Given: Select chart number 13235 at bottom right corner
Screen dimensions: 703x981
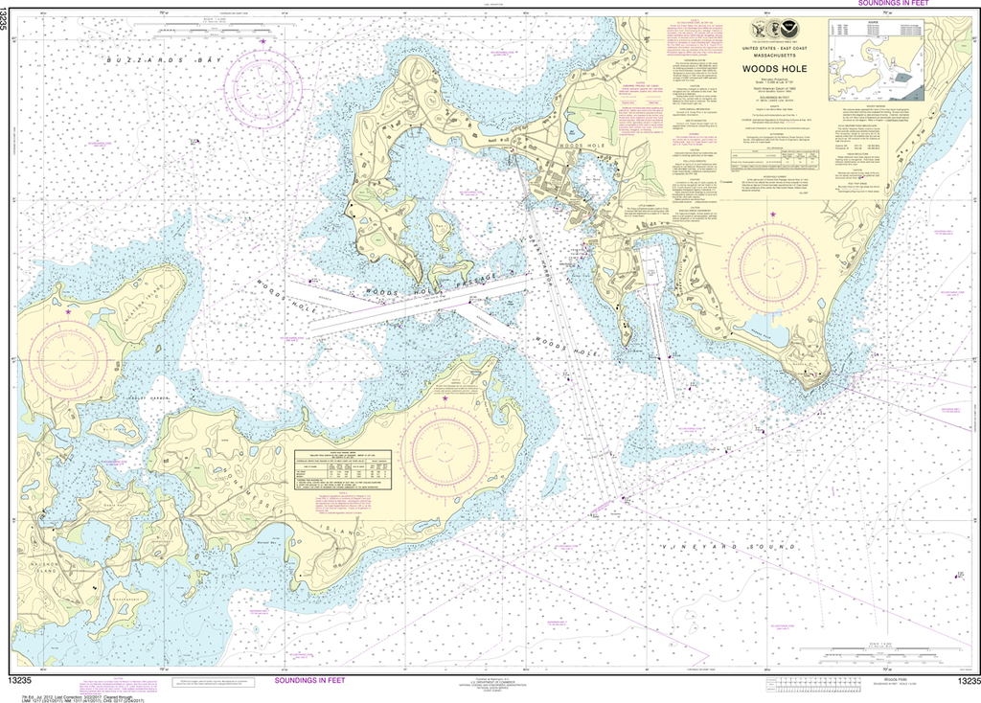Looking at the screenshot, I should (x=962, y=681).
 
